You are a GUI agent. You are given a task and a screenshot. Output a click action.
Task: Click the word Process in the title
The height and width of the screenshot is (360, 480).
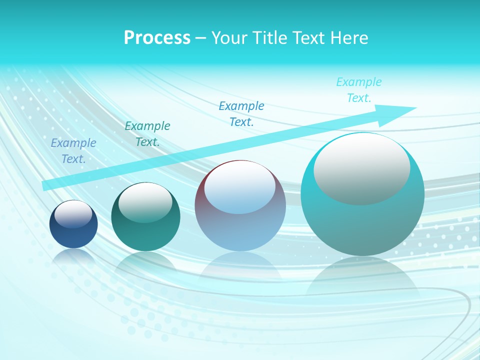point(157,38)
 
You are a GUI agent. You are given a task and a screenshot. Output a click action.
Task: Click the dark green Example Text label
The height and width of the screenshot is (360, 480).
point(147,134)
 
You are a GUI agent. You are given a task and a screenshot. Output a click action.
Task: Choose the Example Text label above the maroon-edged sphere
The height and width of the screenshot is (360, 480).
point(241,114)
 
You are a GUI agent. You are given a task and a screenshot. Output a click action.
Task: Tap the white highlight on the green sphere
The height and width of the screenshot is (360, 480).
point(145,202)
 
